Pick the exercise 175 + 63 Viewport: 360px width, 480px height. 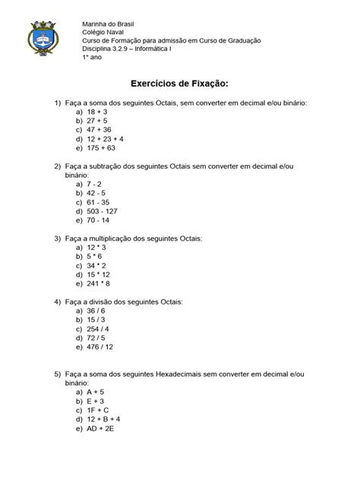pos(103,149)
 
